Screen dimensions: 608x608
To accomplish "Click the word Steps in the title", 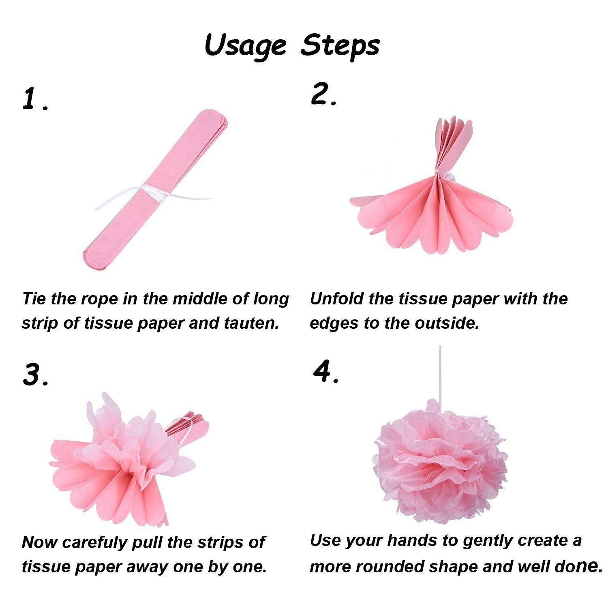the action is point(340,45).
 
